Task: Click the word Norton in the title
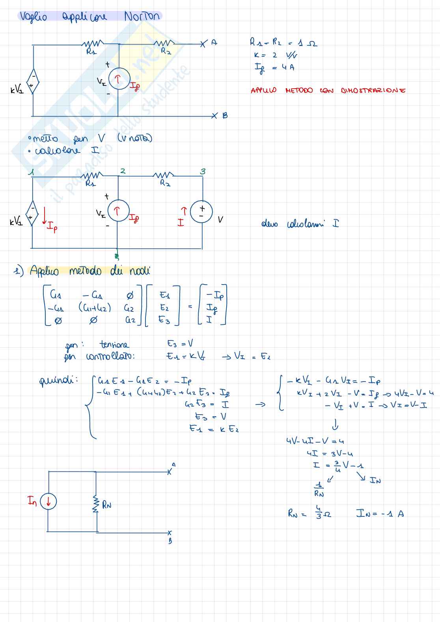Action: (x=142, y=16)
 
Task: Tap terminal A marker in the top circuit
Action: (x=203, y=43)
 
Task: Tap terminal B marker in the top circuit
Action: (x=214, y=115)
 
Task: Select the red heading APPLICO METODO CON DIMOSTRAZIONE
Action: (x=328, y=90)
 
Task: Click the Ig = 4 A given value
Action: (x=274, y=68)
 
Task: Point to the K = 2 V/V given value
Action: (x=275, y=55)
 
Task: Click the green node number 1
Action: (x=31, y=172)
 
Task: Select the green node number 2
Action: (x=123, y=171)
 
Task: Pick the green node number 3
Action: (x=203, y=171)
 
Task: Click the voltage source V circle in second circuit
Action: (x=201, y=212)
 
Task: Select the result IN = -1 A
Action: (x=380, y=513)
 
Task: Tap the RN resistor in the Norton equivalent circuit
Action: (x=95, y=505)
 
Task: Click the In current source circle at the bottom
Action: (x=48, y=501)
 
